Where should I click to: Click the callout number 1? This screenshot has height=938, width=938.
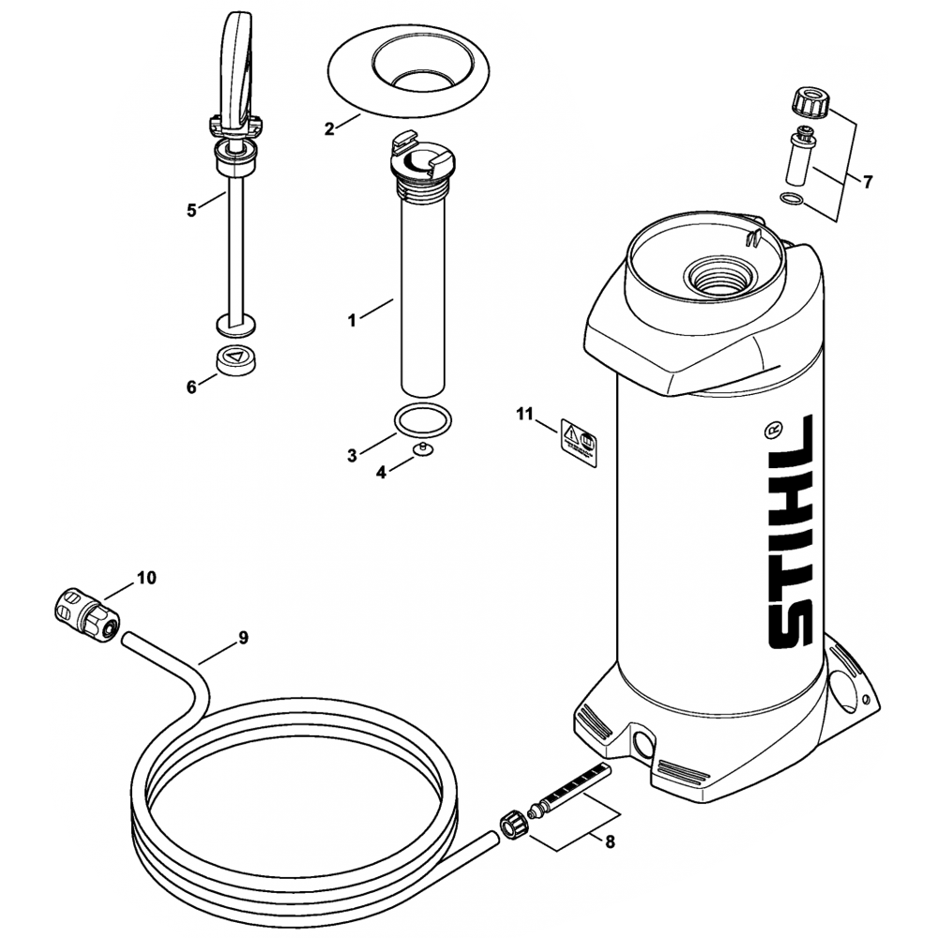(x=352, y=320)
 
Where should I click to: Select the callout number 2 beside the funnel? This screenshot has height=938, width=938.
(x=329, y=129)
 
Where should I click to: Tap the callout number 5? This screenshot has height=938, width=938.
(x=191, y=210)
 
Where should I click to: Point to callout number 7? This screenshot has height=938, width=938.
(x=867, y=182)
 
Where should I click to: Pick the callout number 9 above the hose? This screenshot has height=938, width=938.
(x=243, y=638)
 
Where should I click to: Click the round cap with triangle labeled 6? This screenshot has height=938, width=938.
(x=236, y=360)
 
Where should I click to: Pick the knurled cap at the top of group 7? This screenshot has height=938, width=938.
(x=808, y=100)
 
